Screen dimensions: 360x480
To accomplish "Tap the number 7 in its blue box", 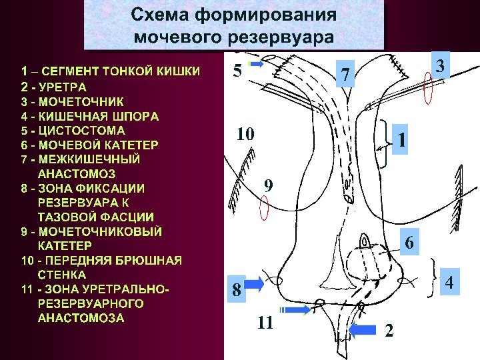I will [345, 75].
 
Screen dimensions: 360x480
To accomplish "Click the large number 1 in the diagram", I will [402, 141].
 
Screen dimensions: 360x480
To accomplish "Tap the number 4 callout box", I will [449, 283].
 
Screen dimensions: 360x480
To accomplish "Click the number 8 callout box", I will [237, 291].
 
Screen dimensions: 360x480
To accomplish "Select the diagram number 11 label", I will [265, 324].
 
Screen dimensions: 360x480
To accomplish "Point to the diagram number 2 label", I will [389, 330].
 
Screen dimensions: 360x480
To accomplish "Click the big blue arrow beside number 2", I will [363, 329].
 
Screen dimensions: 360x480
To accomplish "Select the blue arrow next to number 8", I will [255, 285].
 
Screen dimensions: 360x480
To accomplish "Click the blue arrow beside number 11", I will [295, 310].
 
